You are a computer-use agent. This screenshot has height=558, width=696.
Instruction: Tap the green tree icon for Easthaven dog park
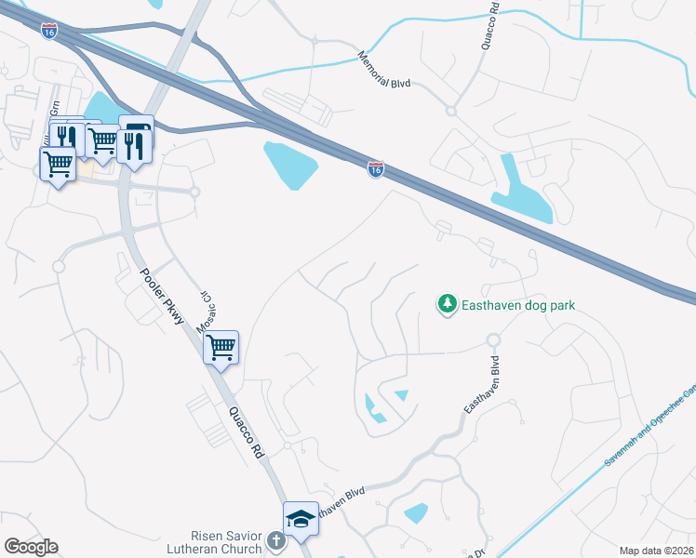point(448,304)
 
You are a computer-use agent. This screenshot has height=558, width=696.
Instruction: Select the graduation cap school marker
point(301,518)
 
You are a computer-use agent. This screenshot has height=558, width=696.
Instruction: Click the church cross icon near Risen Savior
point(275,540)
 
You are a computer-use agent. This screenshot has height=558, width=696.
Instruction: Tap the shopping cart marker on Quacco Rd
point(221,348)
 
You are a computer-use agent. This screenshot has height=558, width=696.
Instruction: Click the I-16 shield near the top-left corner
point(49,31)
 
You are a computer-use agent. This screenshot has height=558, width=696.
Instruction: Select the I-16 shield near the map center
point(375,171)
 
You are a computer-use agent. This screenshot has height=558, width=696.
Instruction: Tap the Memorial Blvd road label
point(385,70)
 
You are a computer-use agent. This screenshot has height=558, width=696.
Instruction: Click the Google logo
point(31,547)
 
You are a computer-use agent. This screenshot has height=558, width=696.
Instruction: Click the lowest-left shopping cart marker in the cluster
point(59,165)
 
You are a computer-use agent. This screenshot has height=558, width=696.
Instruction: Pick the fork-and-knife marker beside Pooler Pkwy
point(134,146)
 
